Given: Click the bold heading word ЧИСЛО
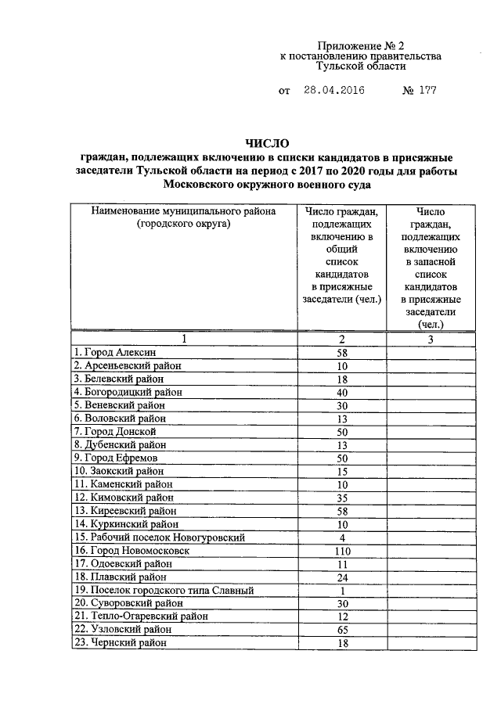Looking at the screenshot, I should (267, 143).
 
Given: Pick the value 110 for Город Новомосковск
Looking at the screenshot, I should (342, 551).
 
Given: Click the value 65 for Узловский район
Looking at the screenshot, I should (342, 630).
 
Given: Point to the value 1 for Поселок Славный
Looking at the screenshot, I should (342, 590).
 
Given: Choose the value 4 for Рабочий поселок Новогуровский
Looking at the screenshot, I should (342, 537).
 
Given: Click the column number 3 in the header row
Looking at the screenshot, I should (430, 339).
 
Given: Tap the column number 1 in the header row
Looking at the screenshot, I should (184, 339).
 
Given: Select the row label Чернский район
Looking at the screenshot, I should (119, 643).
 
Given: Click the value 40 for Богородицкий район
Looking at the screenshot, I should (342, 393).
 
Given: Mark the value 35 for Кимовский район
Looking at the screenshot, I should (342, 498).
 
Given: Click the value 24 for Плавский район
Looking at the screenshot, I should (342, 577).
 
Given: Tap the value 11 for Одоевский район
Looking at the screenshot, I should (342, 564).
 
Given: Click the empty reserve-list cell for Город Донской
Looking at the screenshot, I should (430, 432).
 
